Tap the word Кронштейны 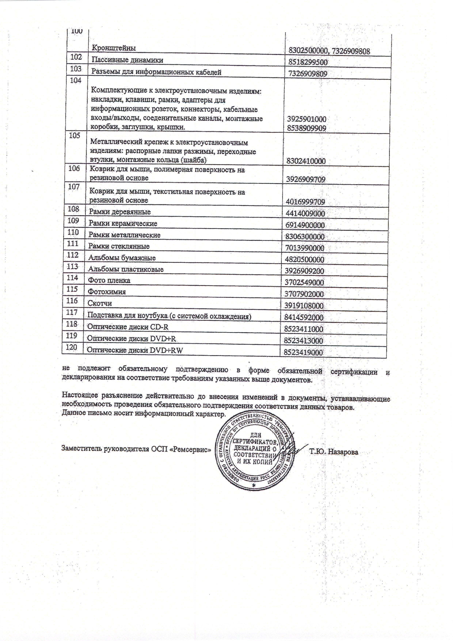(114, 48)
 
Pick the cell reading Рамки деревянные (120, 212)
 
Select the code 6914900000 (305, 225)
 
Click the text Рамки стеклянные (119, 246)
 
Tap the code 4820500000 (304, 260)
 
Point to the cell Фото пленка (109, 280)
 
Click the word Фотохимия (107, 292)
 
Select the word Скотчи (100, 303)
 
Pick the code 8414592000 (304, 317)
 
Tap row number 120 (71, 347)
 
